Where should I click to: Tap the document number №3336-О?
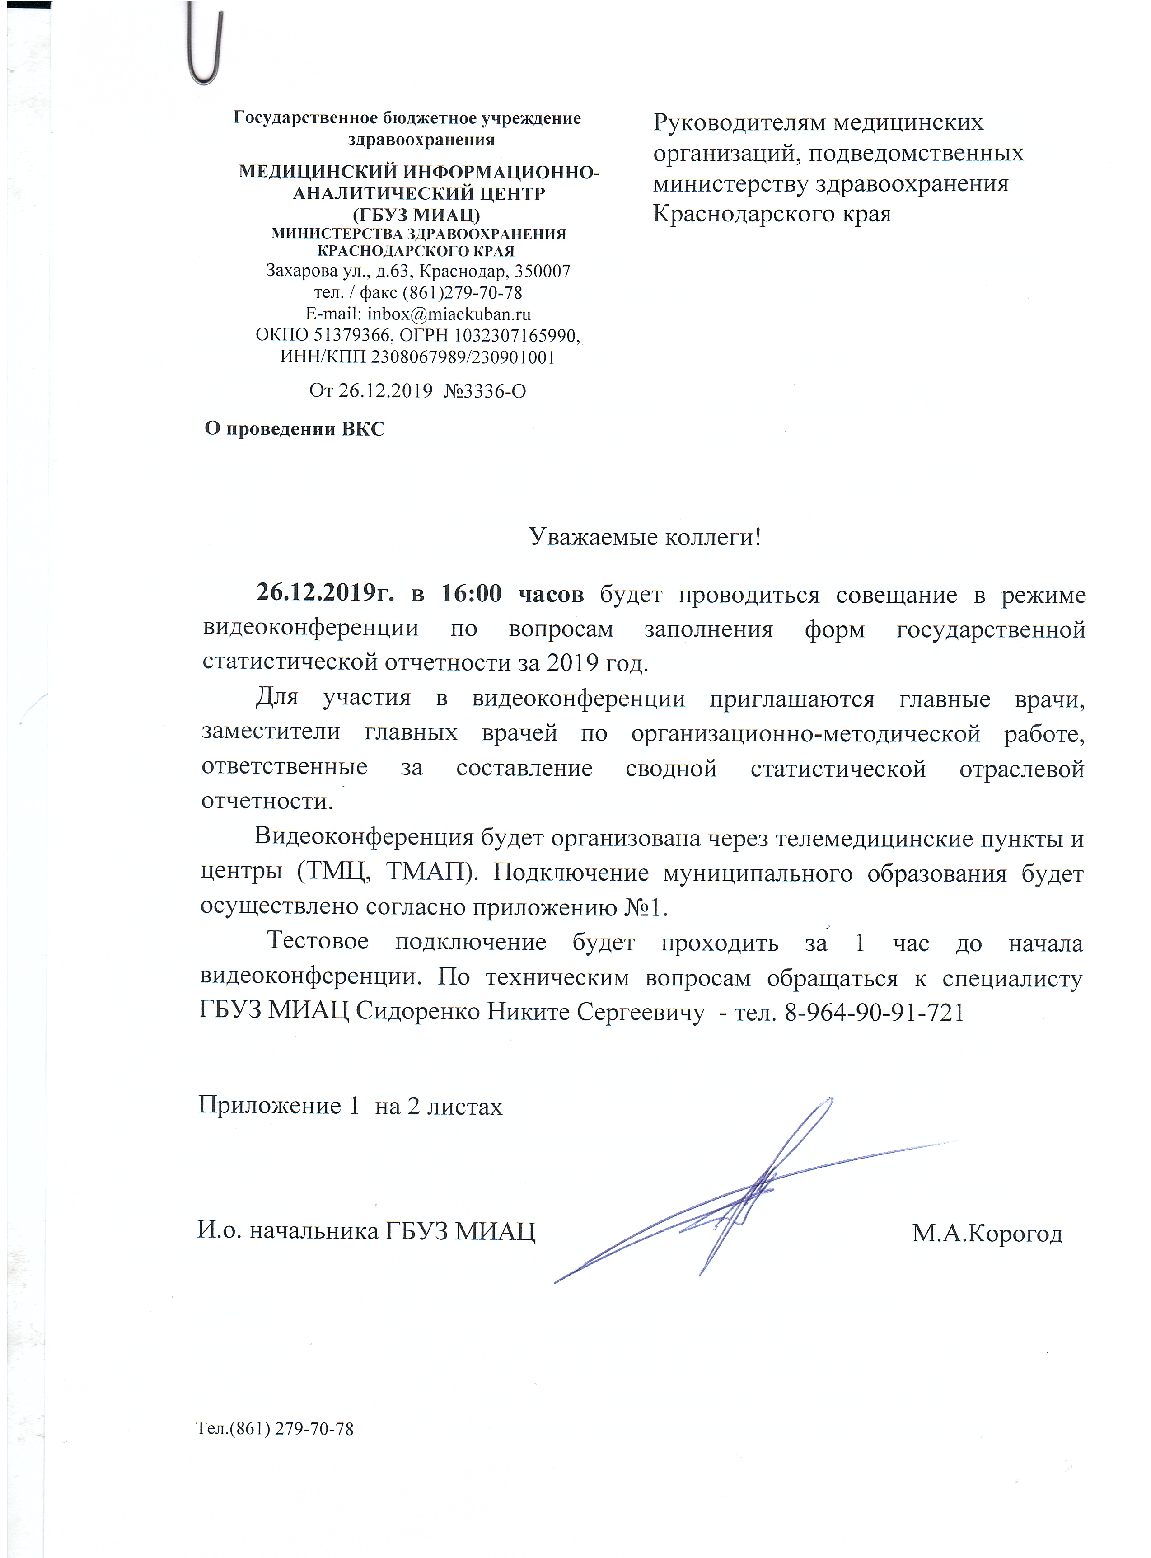[x=484, y=391]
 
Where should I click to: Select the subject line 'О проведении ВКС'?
[x=294, y=428]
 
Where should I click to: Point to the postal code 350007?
[x=543, y=271]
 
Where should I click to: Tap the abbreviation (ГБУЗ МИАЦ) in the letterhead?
[x=416, y=214]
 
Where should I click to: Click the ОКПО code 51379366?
[x=352, y=335]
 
